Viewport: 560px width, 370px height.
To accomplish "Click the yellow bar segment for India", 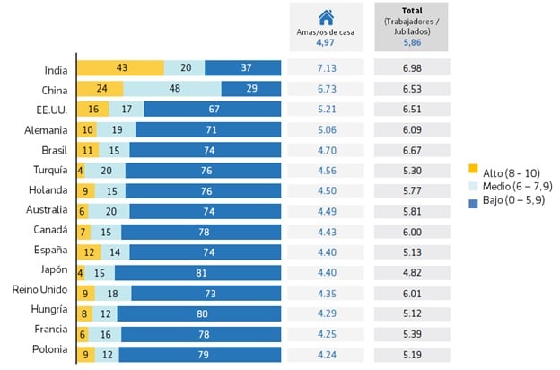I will point(119,68).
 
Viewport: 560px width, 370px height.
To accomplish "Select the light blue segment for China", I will point(171,89).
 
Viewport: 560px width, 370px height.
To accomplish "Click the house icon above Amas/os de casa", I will point(326,17).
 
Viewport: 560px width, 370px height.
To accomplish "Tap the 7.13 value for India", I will point(326,69).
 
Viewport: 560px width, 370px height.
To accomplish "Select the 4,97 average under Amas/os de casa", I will point(326,41).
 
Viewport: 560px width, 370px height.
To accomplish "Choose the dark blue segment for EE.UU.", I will point(212,109).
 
